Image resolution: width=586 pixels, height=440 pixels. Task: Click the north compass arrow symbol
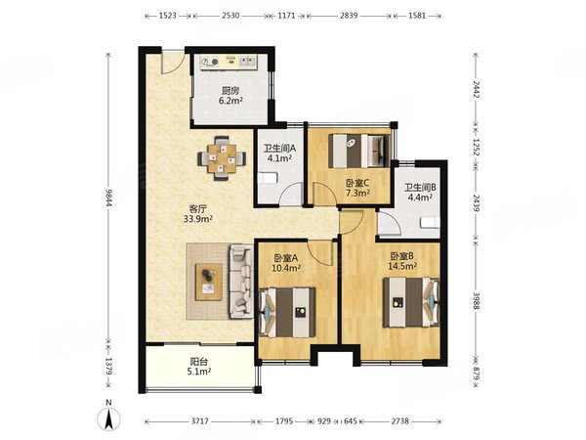coord(108,418)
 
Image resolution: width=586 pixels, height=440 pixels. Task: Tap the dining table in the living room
coord(222,158)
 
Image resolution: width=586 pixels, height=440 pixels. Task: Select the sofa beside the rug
coord(241,282)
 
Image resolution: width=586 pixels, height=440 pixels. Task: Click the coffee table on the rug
coord(209,282)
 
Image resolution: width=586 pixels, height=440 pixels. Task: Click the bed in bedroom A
coord(287,312)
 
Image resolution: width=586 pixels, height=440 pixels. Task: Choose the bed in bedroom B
coord(411,302)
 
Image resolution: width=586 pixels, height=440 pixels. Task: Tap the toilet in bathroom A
coord(268,178)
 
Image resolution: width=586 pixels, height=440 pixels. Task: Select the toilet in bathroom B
coord(430,223)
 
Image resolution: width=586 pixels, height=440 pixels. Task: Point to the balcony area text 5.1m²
coord(198,372)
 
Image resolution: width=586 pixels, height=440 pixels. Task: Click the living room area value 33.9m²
coord(198,219)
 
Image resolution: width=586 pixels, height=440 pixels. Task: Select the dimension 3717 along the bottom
coord(200,421)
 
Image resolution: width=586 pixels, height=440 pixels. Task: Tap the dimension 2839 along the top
coord(349,16)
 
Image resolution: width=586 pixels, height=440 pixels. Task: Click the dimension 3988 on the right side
coord(476,300)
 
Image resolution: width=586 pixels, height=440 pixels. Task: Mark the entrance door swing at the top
coord(173,64)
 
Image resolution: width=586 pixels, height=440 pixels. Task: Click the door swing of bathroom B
coord(389,223)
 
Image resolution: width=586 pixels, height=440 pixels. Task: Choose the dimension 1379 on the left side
coord(108,366)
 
